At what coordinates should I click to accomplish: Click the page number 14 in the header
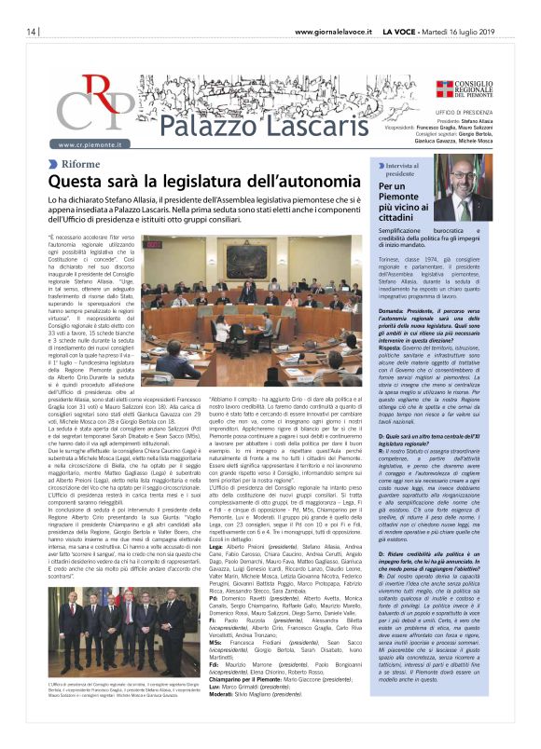click(20, 31)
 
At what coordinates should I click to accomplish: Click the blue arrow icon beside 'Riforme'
click(53, 163)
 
